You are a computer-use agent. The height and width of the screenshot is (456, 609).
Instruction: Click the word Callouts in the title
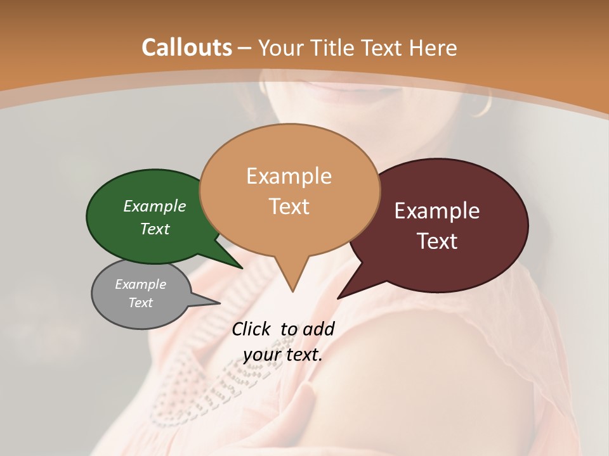coord(187,47)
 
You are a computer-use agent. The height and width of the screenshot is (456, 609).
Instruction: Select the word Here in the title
coord(433,47)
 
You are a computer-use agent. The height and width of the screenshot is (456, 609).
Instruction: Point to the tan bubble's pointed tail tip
coord(292,291)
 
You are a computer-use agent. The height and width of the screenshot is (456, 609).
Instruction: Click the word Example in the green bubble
coord(155,206)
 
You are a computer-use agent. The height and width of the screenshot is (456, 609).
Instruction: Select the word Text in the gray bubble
coord(141,303)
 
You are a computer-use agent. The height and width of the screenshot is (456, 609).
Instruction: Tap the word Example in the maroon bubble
coord(437,211)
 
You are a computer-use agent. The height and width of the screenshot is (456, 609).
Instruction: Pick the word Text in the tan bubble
coord(289,206)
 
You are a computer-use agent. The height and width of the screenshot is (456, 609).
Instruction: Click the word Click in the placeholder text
coord(252,329)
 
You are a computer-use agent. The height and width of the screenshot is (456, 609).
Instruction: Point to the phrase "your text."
coord(283,355)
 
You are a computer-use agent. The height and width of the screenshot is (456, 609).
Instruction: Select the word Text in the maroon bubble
coord(438,241)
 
